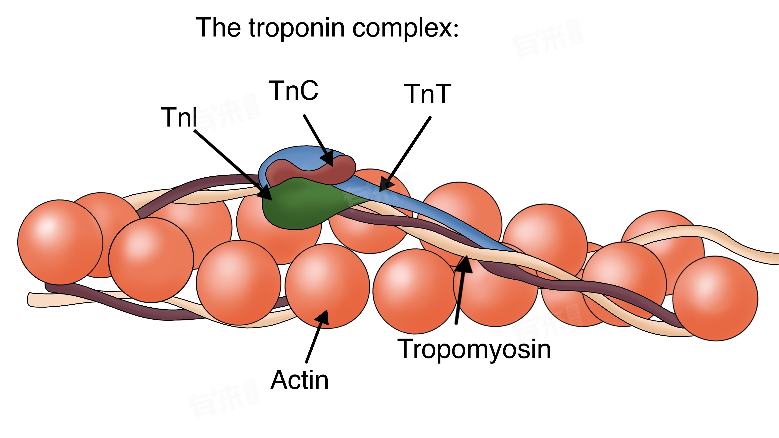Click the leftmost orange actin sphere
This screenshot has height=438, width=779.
click(60, 242)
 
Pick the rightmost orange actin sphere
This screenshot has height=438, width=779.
click(715, 299)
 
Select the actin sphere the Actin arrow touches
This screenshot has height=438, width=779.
click(327, 286)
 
